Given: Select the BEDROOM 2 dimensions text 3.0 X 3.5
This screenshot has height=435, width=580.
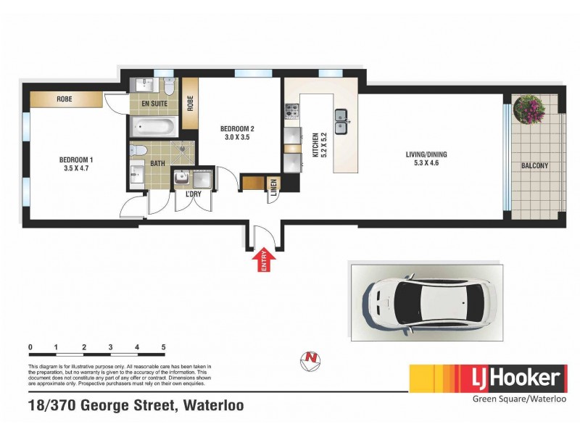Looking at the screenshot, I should [x=237, y=137].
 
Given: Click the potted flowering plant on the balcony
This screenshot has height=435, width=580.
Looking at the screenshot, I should [x=529, y=109].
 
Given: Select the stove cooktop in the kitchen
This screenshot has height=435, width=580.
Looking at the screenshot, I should [x=292, y=111].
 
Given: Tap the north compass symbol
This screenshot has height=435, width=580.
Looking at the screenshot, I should [x=310, y=358].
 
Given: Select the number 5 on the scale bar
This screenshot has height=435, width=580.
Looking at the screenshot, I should [x=165, y=348].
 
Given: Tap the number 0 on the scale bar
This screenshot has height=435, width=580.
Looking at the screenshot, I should [x=30, y=348].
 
